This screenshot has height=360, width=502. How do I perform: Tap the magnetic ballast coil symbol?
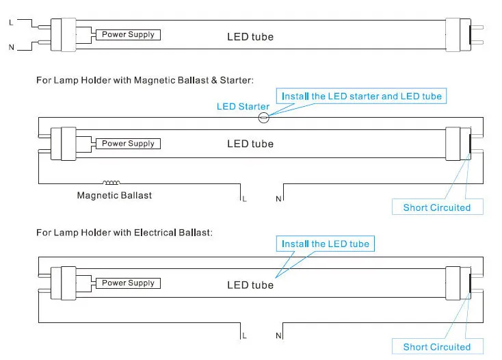tap(111, 183)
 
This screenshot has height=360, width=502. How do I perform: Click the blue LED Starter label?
tap(243, 106)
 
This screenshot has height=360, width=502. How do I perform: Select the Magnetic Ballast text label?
tap(114, 195)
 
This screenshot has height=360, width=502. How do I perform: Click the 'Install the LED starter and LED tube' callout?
tap(361, 96)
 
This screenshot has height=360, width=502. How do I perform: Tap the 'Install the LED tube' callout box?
tap(326, 244)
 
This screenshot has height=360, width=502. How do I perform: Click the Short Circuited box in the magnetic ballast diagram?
tap(437, 207)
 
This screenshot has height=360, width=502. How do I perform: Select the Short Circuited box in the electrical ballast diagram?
tap(437, 346)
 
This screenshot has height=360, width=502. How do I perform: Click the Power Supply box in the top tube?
tap(128, 35)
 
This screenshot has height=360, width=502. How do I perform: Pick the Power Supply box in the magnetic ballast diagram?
tap(128, 144)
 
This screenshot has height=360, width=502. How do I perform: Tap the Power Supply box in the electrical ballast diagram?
tap(128, 283)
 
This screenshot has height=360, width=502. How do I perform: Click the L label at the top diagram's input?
tap(11, 23)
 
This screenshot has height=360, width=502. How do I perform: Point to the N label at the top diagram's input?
tap(12, 47)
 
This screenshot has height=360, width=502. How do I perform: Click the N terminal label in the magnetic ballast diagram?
tap(278, 199)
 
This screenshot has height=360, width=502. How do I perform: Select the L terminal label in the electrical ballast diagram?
tap(244, 335)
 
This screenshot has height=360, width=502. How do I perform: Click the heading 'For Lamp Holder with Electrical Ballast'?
tap(124, 233)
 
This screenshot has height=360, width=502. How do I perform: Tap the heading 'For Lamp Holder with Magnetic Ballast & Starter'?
tap(145, 80)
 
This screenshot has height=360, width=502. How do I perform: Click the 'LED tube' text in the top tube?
tap(250, 37)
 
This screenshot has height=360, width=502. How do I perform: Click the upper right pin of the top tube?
tap(477, 27)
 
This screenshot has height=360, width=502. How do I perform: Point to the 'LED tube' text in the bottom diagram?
tap(250, 285)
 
